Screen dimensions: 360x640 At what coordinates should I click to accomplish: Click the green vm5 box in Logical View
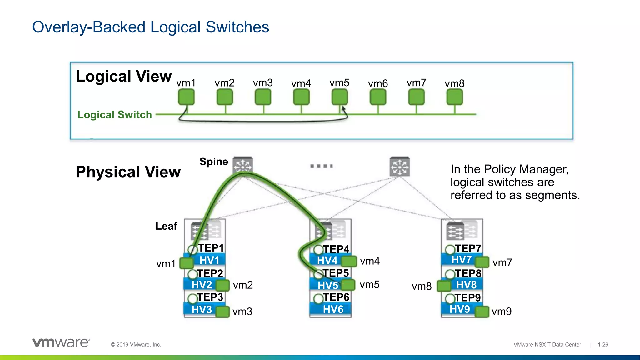(339, 97)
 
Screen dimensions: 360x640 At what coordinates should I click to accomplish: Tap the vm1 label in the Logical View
(186, 83)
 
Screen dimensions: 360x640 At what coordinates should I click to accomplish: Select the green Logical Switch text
(114, 115)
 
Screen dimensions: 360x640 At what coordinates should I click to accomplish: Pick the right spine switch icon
(400, 167)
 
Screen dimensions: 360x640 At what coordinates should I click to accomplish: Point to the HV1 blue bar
(209, 260)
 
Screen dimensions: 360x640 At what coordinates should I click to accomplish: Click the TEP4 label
(336, 249)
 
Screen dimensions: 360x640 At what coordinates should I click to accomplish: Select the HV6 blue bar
(331, 309)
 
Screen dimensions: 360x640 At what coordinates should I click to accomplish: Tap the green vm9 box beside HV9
(482, 312)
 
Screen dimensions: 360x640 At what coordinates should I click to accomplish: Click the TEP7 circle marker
(450, 250)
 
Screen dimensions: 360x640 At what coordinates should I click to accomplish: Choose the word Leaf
(166, 226)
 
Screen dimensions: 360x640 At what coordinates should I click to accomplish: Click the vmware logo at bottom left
(61, 343)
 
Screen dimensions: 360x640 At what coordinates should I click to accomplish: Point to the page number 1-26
(603, 345)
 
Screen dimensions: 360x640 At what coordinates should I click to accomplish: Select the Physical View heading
(128, 172)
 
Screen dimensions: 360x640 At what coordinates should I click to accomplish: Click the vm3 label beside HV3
(242, 312)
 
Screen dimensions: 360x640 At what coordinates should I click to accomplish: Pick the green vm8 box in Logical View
(454, 97)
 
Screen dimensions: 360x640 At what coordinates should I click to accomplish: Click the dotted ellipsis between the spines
(321, 166)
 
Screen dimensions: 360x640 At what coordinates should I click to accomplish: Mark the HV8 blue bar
(466, 285)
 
